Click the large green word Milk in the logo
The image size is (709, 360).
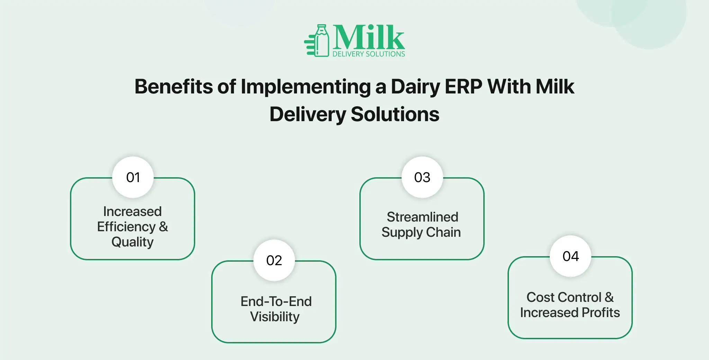click(x=369, y=37)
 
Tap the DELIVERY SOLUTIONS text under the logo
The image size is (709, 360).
click(x=369, y=54)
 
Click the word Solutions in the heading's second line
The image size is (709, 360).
click(x=395, y=114)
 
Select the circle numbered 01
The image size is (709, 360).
click(x=133, y=177)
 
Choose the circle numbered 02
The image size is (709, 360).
click(x=274, y=260)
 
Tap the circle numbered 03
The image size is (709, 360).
click(x=422, y=177)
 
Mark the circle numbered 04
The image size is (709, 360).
click(x=571, y=256)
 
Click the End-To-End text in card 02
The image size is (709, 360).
click(x=276, y=301)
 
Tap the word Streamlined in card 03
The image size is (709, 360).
click(x=422, y=217)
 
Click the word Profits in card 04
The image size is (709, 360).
click(x=601, y=313)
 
